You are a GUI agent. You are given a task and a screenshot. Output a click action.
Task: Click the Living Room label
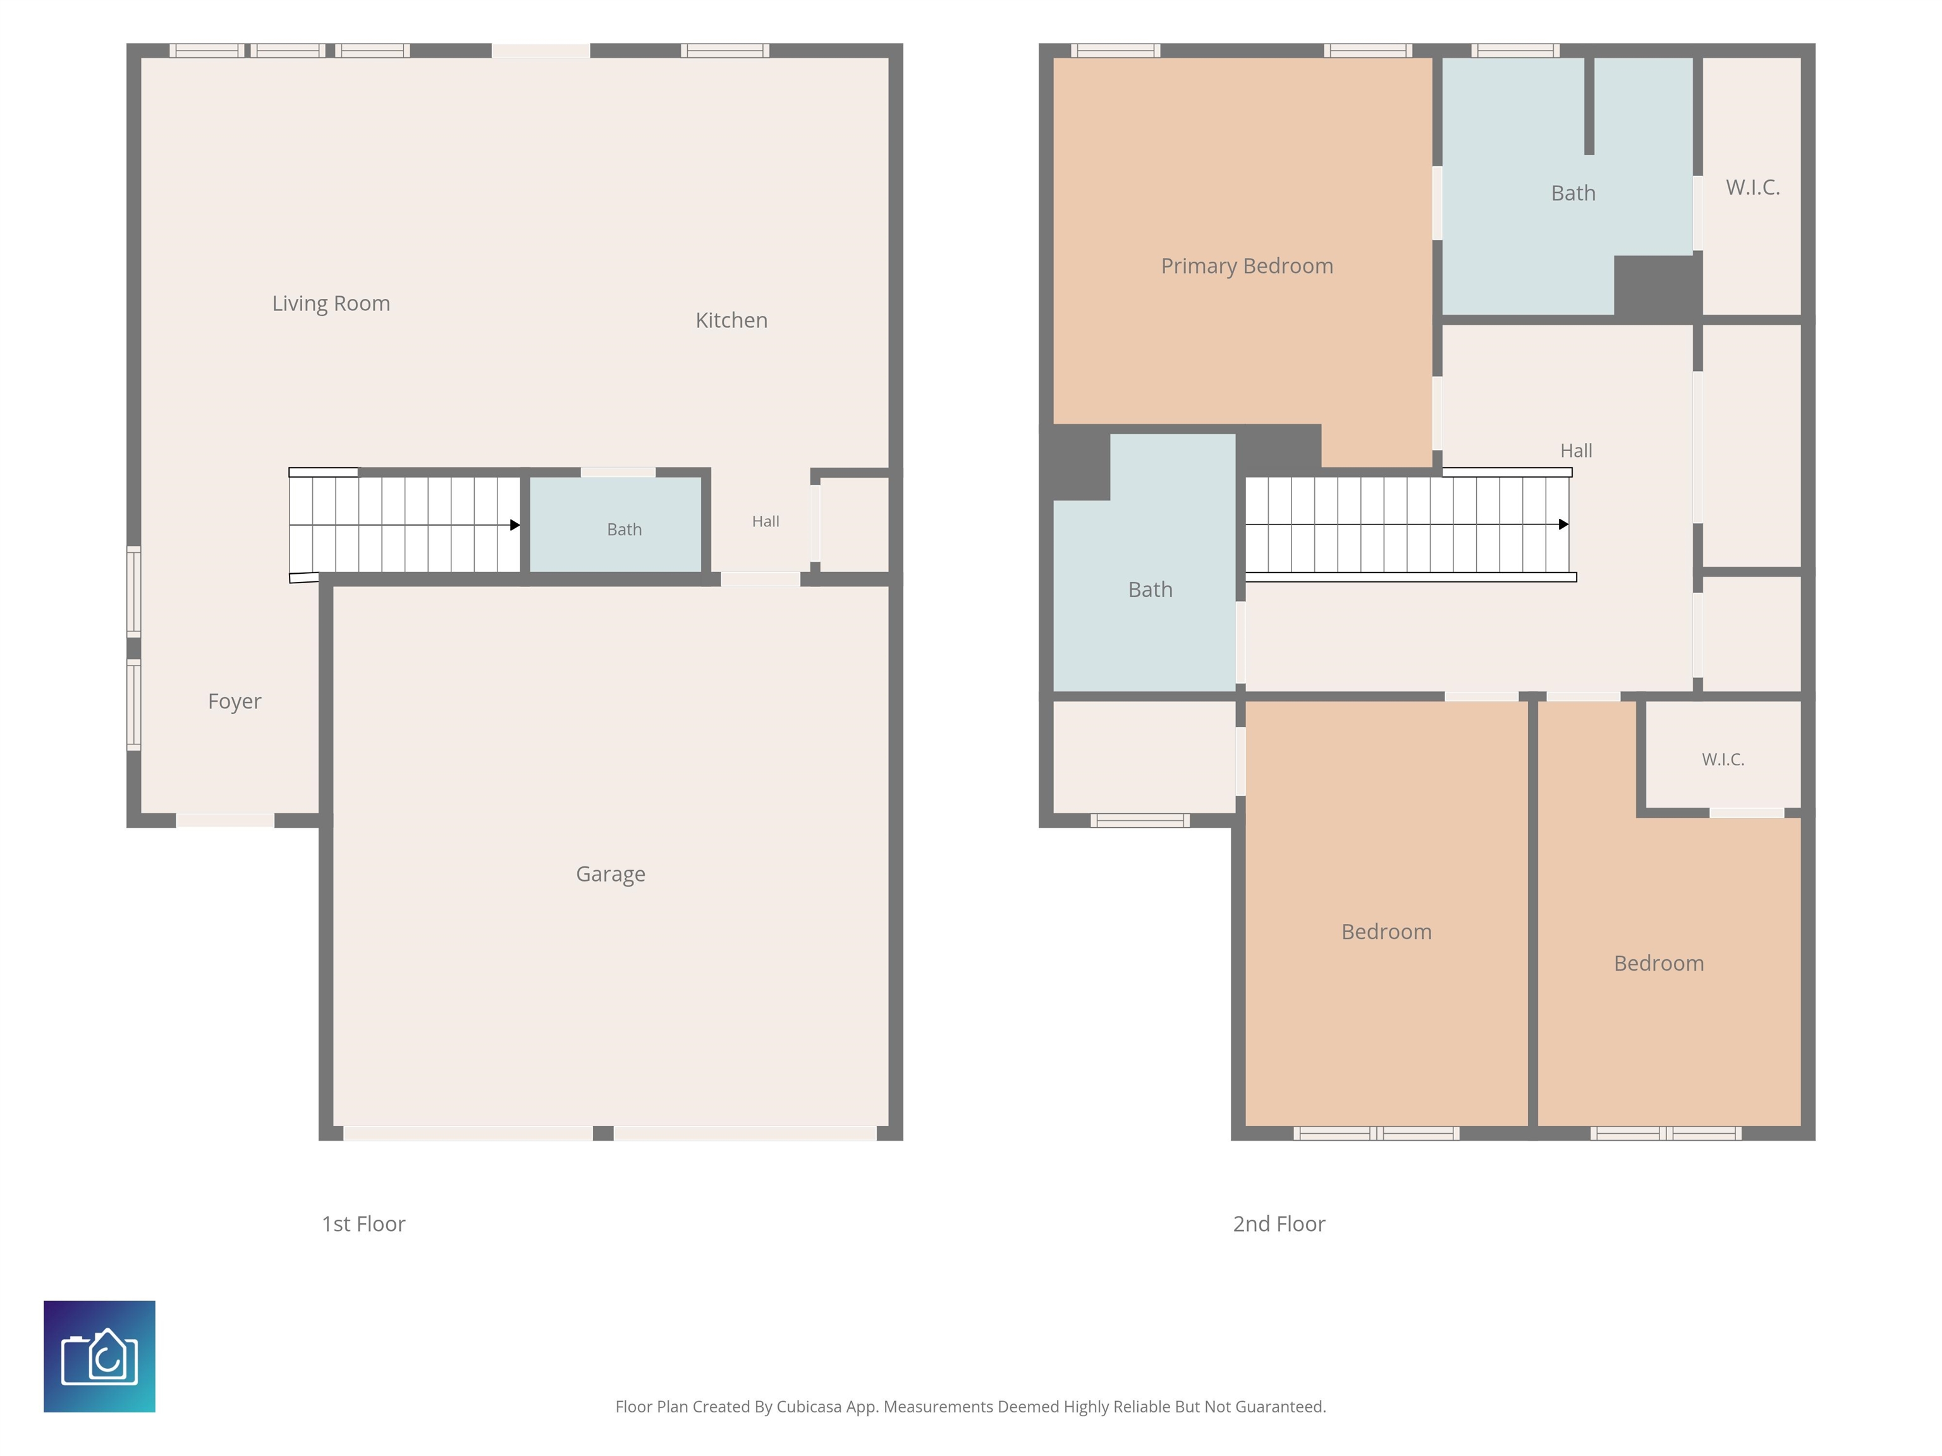(x=331, y=304)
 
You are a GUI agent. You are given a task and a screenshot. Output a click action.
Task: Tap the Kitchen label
(x=731, y=320)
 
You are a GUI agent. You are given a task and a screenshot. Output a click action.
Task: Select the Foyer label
(x=235, y=702)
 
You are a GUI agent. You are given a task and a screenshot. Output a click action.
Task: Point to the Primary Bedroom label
(x=1247, y=266)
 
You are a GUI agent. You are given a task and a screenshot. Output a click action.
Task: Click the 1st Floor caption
(x=363, y=1223)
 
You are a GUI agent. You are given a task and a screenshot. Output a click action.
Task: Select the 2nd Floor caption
(x=1279, y=1223)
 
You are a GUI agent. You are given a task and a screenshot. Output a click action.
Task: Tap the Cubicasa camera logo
(x=99, y=1356)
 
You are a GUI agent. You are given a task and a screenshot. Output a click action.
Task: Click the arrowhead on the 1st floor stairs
(x=515, y=525)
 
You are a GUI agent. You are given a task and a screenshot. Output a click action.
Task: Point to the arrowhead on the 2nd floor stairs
(x=1563, y=524)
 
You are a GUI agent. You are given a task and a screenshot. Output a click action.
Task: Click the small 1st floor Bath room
(x=616, y=524)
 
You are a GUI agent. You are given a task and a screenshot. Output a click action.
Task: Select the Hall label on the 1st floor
(x=766, y=521)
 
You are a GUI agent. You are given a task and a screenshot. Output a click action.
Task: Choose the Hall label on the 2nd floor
(x=1576, y=451)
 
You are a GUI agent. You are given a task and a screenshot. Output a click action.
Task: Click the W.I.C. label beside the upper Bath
(x=1752, y=187)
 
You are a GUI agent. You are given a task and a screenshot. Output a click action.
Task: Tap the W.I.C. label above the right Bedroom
(x=1723, y=760)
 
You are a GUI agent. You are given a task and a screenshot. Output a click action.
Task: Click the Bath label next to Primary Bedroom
(x=1573, y=193)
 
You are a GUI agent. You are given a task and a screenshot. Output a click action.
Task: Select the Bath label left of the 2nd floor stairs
(x=1150, y=590)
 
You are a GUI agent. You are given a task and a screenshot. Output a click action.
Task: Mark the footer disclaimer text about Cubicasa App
(x=970, y=1407)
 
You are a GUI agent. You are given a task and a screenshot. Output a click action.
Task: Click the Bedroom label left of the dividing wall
(x=1386, y=932)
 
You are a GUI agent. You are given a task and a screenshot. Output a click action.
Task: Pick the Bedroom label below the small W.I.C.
(x=1658, y=964)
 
